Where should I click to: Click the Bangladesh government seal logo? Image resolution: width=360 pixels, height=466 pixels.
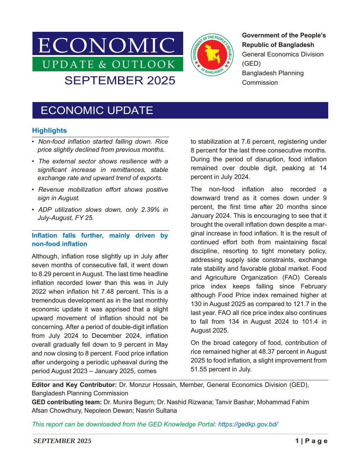(212, 55)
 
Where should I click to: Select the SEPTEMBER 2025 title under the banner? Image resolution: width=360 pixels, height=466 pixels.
(120, 80)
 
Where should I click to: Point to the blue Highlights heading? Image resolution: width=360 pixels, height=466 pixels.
(49, 130)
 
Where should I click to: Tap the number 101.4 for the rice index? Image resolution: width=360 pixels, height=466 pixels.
(305, 322)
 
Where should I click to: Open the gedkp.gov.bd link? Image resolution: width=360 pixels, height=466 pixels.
(248, 424)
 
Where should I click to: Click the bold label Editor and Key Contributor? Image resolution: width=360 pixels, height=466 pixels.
(74, 385)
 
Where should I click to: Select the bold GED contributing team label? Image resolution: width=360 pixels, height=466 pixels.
(67, 402)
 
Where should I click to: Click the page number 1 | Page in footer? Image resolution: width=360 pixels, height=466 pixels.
(312, 441)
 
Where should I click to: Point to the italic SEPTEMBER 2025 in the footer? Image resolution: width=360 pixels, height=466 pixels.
(62, 441)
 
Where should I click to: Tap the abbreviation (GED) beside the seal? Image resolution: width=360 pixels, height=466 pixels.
(251, 64)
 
